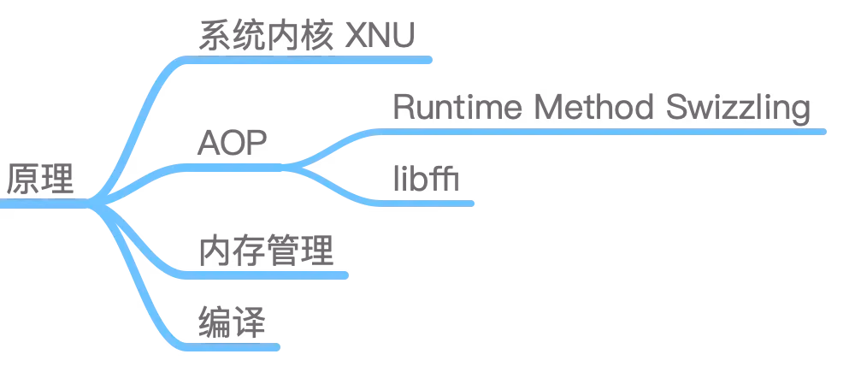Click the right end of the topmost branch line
[434, 61]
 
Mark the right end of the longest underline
[825, 131]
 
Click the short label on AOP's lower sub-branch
[426, 178]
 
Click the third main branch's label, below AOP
[266, 251]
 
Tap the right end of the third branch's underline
[347, 275]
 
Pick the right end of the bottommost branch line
[279, 348]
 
